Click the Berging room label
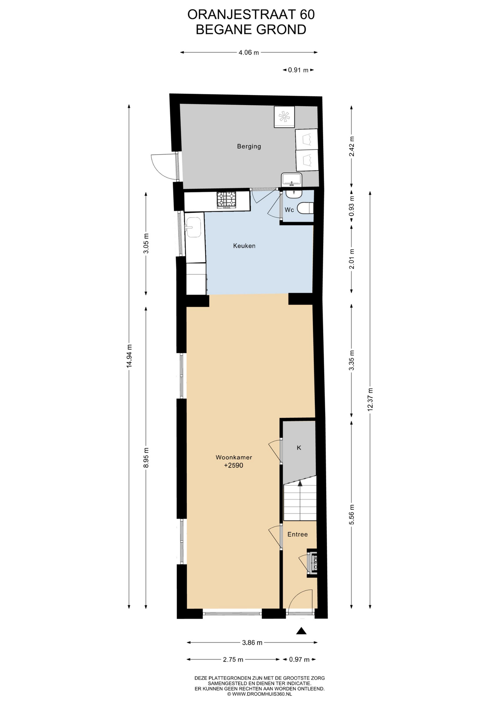249,146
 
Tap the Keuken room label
244,246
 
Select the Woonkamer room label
234,458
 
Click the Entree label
297,534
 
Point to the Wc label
289,210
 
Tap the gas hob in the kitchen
227,200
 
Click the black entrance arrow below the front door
301,631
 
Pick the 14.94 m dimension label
129,356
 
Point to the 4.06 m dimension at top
249,53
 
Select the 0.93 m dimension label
352,210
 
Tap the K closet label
299,448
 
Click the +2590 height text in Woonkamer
234,466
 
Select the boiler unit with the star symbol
284,117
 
